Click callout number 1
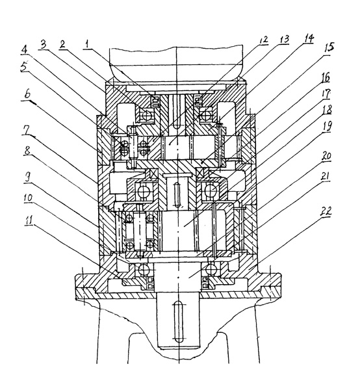[87, 44]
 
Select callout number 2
[62, 44]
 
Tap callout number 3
[43, 45]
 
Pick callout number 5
[24, 67]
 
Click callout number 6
[28, 94]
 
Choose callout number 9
[28, 178]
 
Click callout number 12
[263, 40]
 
